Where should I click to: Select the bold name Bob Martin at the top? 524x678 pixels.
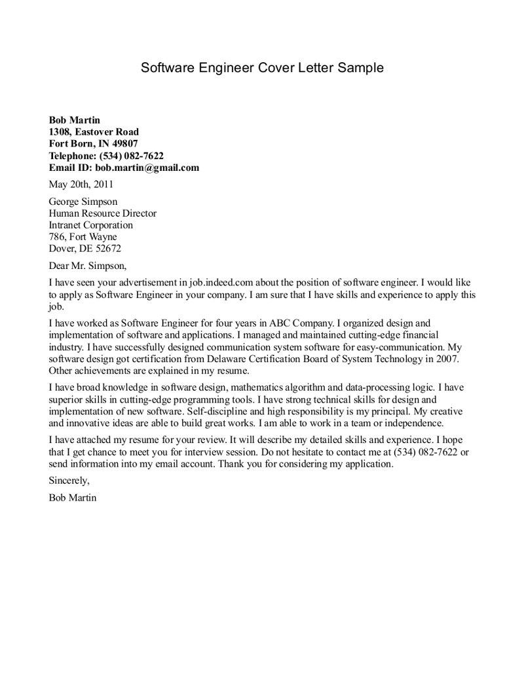coord(75,120)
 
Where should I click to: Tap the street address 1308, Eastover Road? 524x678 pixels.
coord(94,132)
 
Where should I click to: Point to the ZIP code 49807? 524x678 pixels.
coord(124,143)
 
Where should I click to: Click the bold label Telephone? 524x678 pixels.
coord(73,156)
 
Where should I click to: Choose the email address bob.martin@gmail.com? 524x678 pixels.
coord(151,168)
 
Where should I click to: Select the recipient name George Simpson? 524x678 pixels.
coord(83,202)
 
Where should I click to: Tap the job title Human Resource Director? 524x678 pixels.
coord(103,213)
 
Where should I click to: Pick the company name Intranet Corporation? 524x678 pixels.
coord(91,225)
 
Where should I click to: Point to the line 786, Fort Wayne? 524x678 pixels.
coord(83,237)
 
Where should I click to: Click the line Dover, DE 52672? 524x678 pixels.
coord(85,249)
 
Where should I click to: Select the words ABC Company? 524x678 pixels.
coord(307,323)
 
